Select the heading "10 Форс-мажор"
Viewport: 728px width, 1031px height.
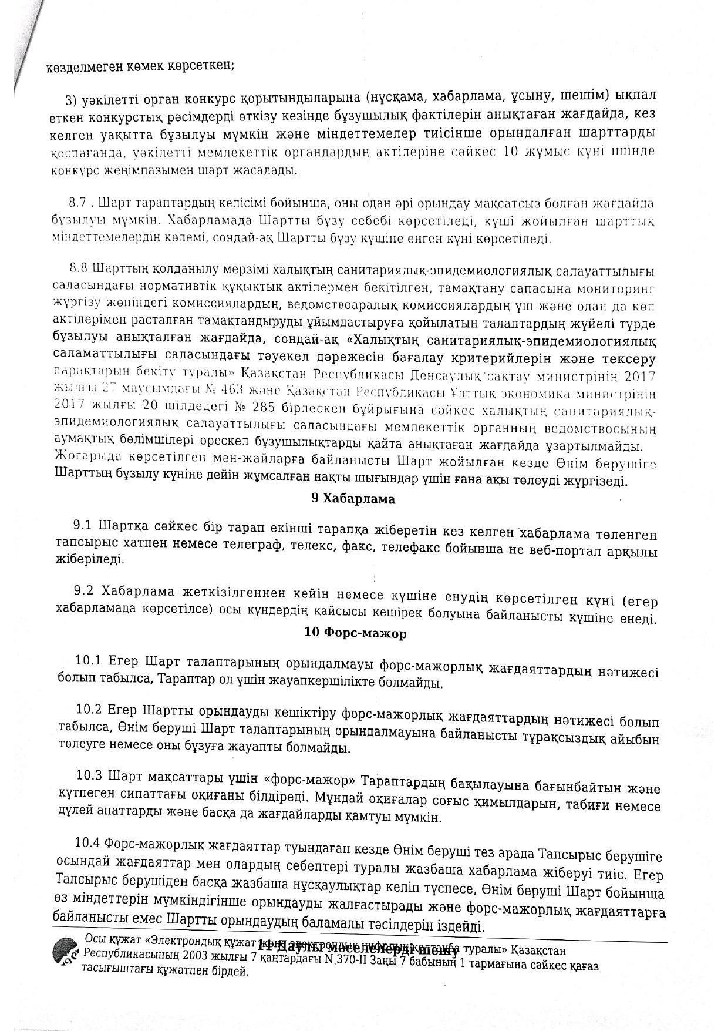point(355,633)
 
